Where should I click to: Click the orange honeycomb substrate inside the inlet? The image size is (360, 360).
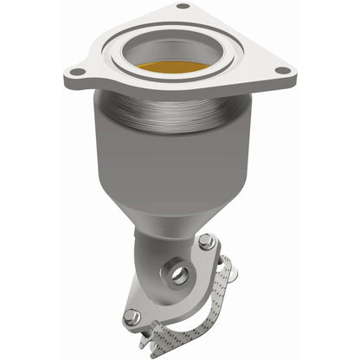(179, 67)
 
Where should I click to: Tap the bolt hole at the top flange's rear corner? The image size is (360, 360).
(182, 7)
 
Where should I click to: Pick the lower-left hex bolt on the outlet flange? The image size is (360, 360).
(131, 316)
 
